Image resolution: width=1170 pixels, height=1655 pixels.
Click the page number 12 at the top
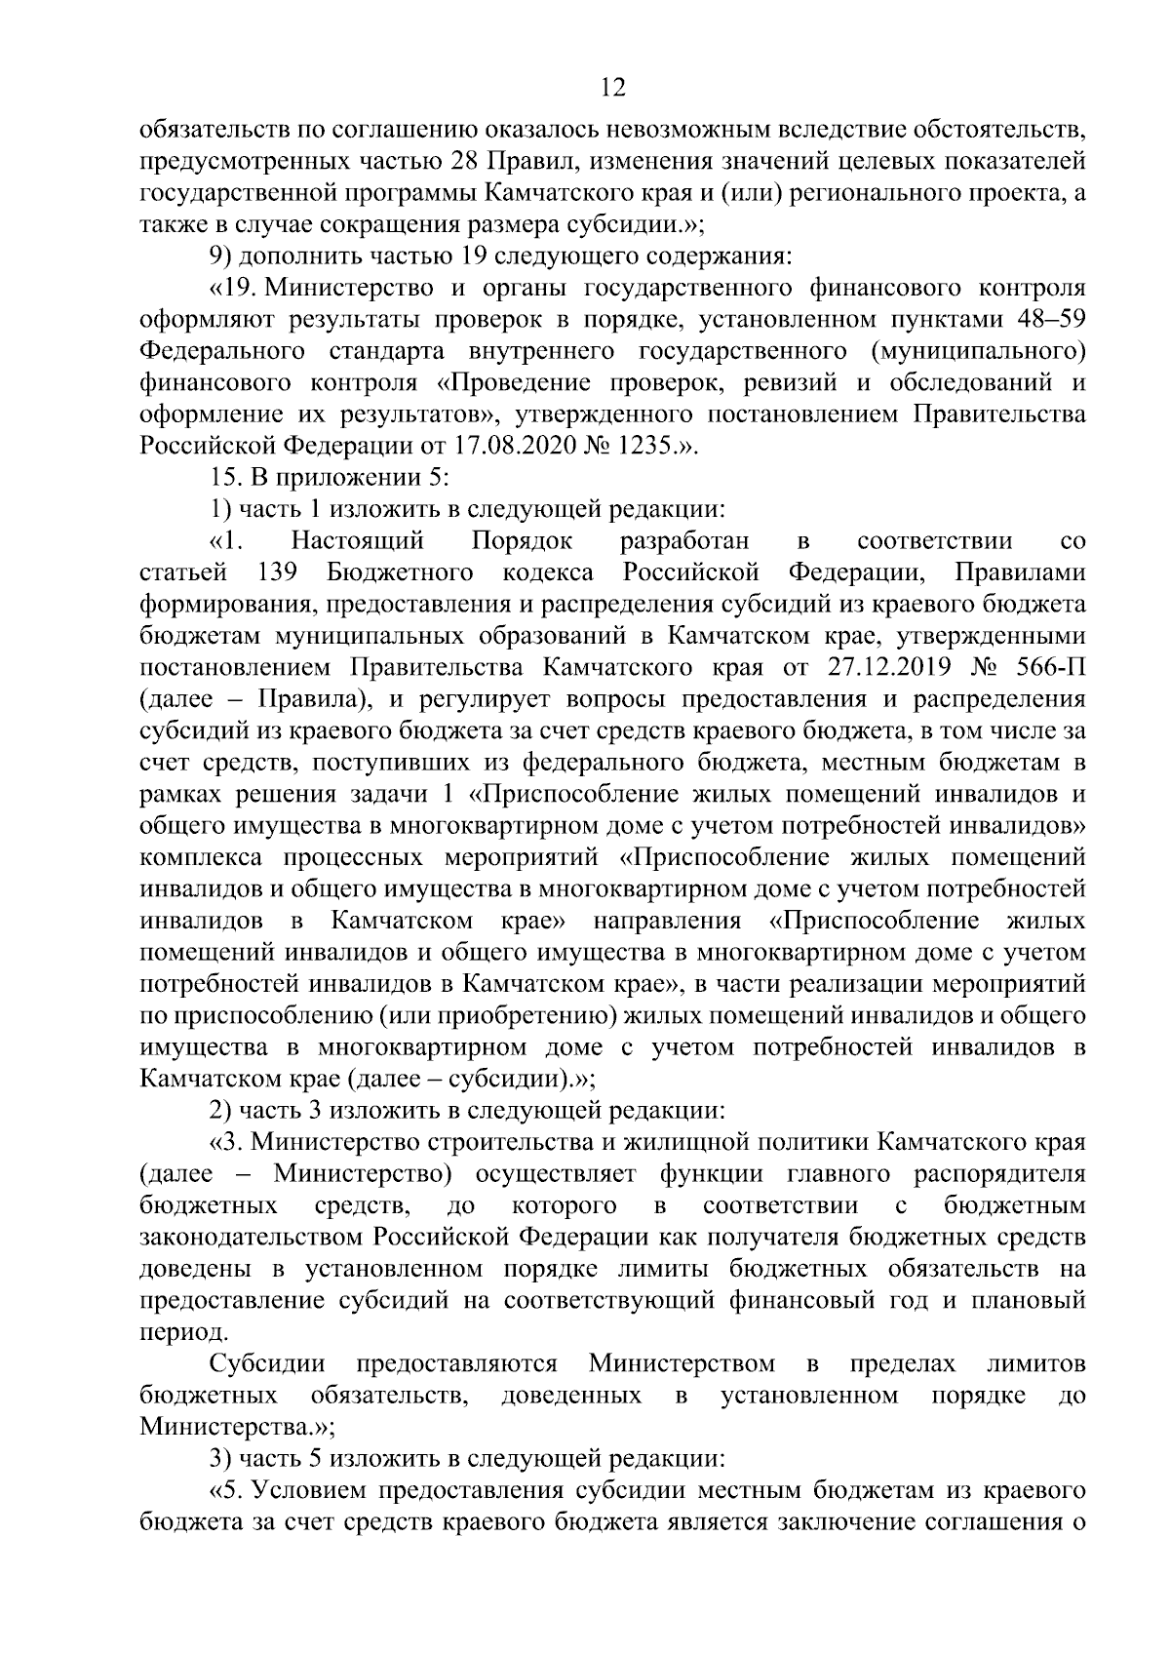click(x=612, y=88)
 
